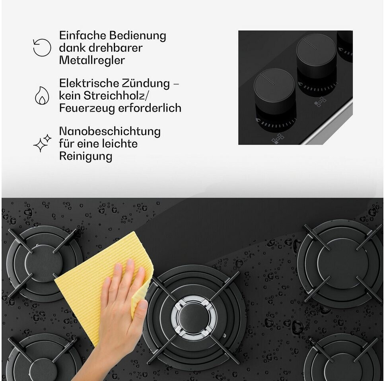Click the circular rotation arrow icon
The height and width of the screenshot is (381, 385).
tap(42, 48)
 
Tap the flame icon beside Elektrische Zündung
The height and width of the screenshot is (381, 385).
tap(42, 96)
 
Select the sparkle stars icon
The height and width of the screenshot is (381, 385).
tap(42, 143)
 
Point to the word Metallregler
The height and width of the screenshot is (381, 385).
tap(92, 60)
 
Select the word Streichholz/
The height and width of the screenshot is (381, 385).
tap(116, 96)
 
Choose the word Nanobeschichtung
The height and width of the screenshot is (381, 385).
tap(110, 131)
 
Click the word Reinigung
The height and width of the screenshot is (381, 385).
tap(86, 156)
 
